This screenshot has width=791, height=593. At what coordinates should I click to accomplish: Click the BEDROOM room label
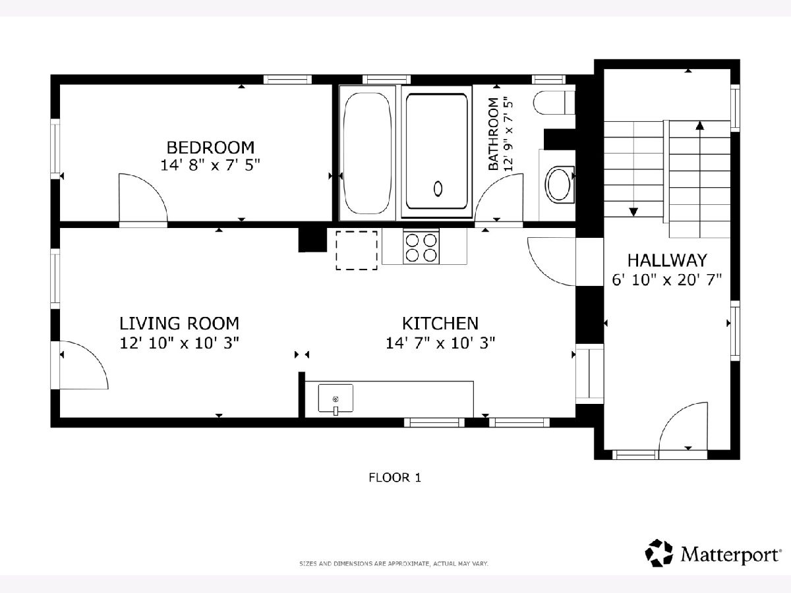tap(210, 148)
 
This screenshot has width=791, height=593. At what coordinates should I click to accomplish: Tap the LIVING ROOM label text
tap(179, 324)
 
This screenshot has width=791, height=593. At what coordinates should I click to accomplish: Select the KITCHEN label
tap(440, 324)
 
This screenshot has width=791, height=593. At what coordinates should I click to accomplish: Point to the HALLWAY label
tap(667, 260)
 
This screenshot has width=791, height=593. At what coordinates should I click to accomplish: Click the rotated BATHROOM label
tap(493, 134)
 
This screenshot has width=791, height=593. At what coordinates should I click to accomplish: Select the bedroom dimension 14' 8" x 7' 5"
tap(210, 165)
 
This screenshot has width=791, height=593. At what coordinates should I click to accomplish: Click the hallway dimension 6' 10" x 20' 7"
tap(666, 280)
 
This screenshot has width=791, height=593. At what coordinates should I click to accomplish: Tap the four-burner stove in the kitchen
tap(421, 247)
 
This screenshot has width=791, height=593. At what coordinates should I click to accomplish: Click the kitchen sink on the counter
tap(336, 398)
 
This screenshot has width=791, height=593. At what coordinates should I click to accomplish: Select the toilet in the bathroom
tap(554, 103)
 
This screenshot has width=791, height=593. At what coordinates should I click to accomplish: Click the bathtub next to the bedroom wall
tap(367, 153)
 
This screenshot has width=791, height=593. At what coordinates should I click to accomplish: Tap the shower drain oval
tap(438, 188)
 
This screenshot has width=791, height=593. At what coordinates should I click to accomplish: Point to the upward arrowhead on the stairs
tap(700, 125)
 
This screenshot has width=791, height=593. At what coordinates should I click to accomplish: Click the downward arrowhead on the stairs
tap(633, 212)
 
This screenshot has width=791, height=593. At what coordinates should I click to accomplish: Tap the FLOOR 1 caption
tap(395, 478)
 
